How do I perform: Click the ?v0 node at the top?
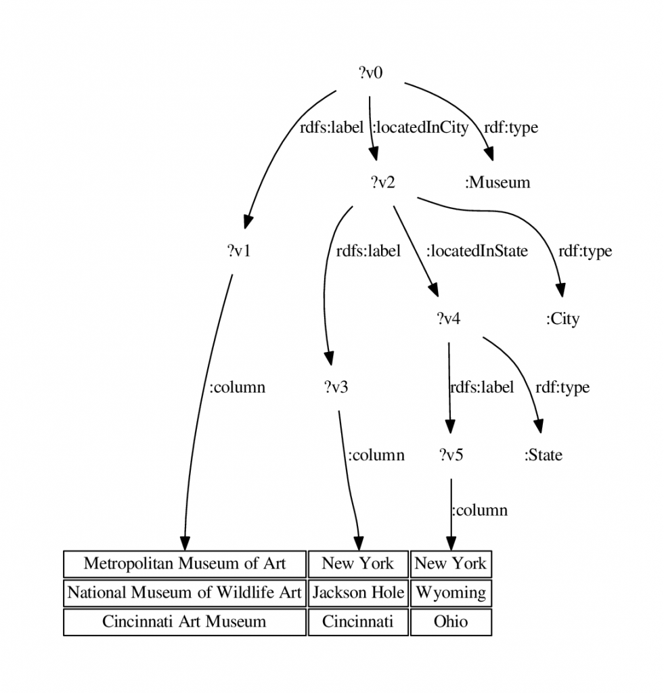click(370, 72)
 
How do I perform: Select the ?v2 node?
click(383, 181)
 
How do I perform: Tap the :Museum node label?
click(497, 182)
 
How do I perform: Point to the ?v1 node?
click(239, 250)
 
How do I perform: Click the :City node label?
click(562, 319)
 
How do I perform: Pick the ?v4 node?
click(448, 318)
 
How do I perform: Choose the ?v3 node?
click(336, 387)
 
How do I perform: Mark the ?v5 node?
click(451, 455)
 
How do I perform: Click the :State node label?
click(544, 455)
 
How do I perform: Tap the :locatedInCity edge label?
click(420, 127)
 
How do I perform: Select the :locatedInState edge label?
click(477, 250)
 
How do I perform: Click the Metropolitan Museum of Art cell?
click(185, 564)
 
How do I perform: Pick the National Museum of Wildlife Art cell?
click(185, 593)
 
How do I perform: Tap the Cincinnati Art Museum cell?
click(185, 622)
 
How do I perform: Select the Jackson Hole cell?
click(358, 593)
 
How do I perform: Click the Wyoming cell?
click(451, 593)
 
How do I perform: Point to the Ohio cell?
click(451, 622)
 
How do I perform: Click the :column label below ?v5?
click(480, 510)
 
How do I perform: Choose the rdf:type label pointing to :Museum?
click(511, 127)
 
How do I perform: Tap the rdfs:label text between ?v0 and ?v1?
click(332, 127)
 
